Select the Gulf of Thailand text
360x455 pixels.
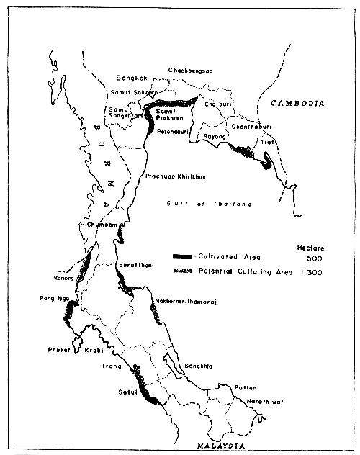point(210,204)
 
